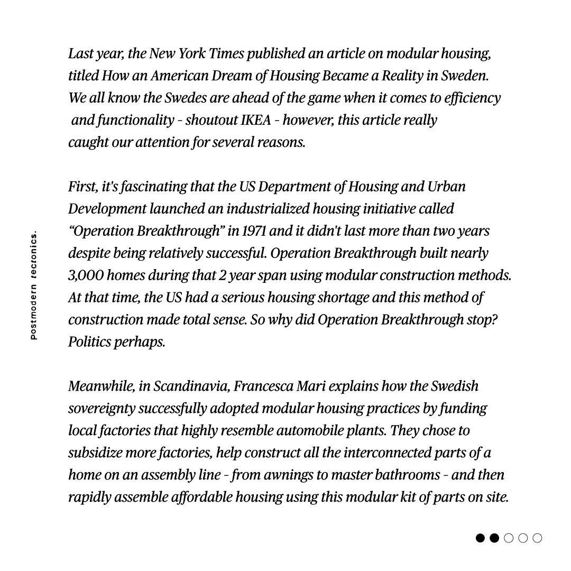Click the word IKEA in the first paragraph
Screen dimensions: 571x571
click(x=256, y=121)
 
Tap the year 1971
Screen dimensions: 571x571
click(x=254, y=231)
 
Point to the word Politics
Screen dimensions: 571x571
click(x=89, y=342)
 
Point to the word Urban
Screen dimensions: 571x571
click(x=446, y=187)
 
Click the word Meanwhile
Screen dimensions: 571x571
click(x=102, y=386)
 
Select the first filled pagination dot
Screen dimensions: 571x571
click(x=480, y=538)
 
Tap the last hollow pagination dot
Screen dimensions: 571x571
click(x=537, y=538)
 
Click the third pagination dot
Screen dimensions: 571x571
click(x=509, y=538)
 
